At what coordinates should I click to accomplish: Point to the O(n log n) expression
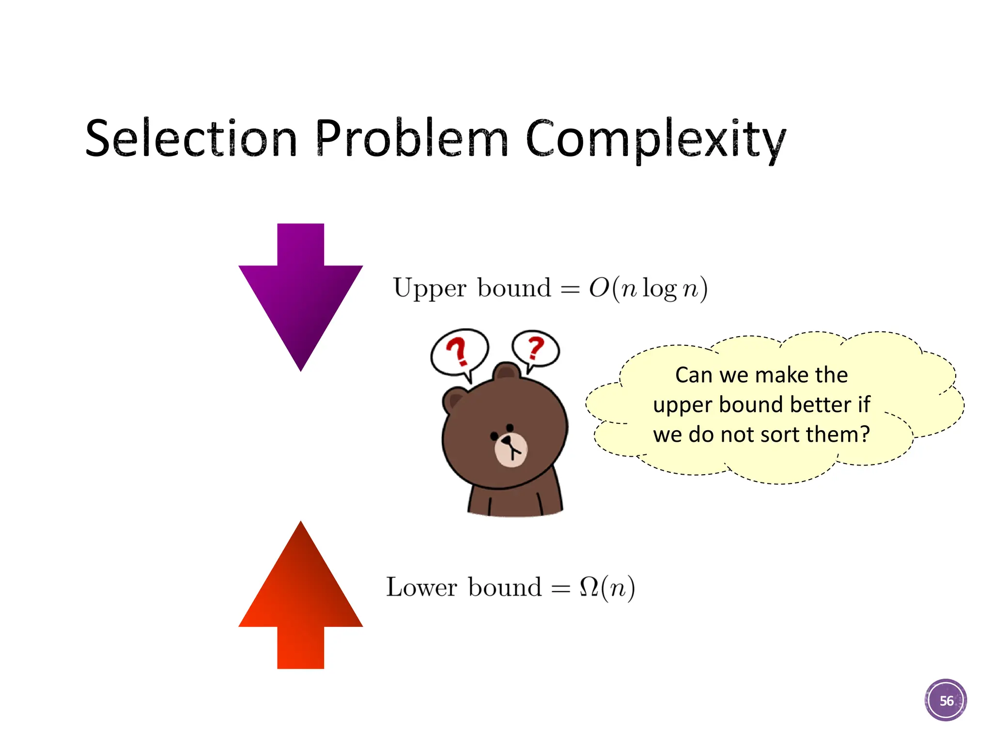(x=648, y=289)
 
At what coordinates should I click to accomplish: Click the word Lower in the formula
(x=421, y=588)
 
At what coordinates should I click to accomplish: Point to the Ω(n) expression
(x=607, y=588)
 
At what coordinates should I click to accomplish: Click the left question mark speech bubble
(x=459, y=352)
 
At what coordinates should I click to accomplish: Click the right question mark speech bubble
(x=536, y=349)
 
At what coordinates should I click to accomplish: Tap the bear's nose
(x=507, y=441)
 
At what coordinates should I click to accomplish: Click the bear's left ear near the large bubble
(x=454, y=400)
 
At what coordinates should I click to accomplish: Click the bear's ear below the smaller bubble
(x=507, y=372)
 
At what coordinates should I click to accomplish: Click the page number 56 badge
(x=945, y=700)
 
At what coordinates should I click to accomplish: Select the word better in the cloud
(x=820, y=405)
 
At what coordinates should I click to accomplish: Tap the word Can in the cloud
(x=694, y=375)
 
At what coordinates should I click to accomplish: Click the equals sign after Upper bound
(x=570, y=290)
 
